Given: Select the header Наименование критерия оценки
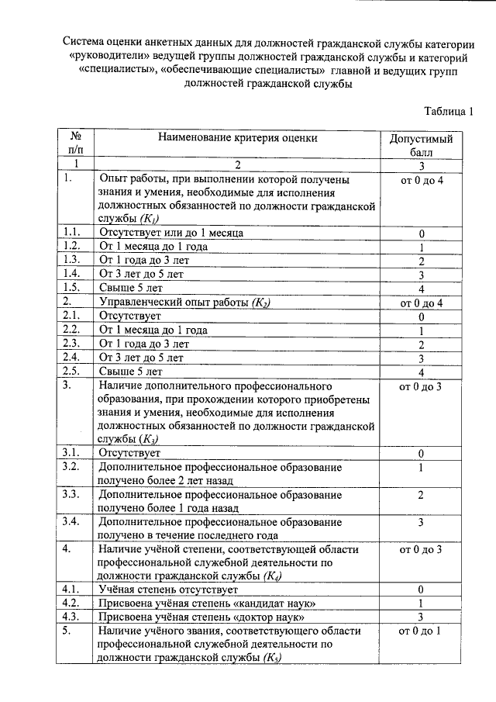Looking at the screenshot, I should [238, 138].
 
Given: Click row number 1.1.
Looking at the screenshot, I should [73, 233].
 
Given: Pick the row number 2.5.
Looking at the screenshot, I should [73, 372].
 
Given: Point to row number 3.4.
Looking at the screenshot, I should [73, 521].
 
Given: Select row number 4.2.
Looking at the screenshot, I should [73, 603].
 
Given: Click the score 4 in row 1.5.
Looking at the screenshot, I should [421, 289].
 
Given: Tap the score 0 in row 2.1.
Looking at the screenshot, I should [421, 316].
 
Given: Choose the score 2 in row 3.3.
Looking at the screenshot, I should [421, 495].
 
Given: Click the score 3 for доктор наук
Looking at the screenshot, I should [421, 617].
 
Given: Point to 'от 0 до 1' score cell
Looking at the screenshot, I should [421, 631].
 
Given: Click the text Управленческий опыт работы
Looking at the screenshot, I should [174, 303].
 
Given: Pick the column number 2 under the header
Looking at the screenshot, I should [238, 164].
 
